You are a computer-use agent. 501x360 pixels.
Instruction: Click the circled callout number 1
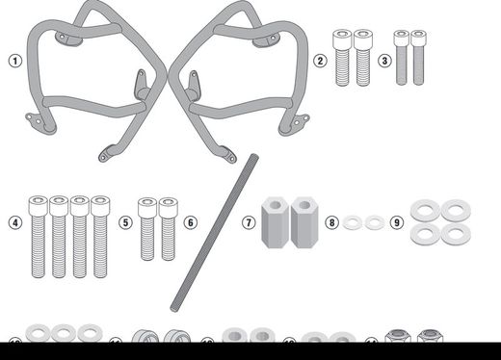click(14, 60)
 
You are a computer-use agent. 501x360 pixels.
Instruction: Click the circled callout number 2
click(319, 60)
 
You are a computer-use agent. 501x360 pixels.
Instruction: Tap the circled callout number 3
click(383, 60)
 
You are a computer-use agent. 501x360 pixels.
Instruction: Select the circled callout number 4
click(14, 222)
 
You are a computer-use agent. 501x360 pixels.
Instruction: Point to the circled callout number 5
click(125, 222)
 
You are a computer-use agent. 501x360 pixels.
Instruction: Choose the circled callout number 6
click(190, 222)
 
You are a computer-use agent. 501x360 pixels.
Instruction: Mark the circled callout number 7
click(249, 222)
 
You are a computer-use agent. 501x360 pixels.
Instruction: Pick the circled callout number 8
click(331, 222)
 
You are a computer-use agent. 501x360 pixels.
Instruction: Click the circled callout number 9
click(396, 222)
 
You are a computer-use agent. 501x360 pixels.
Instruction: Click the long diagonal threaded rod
click(218, 231)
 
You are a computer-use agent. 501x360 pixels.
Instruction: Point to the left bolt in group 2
click(341, 57)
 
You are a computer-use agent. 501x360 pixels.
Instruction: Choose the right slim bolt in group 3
click(418, 57)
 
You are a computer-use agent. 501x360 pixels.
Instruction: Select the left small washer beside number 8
click(353, 222)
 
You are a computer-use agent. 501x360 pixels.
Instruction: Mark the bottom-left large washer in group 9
click(422, 235)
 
